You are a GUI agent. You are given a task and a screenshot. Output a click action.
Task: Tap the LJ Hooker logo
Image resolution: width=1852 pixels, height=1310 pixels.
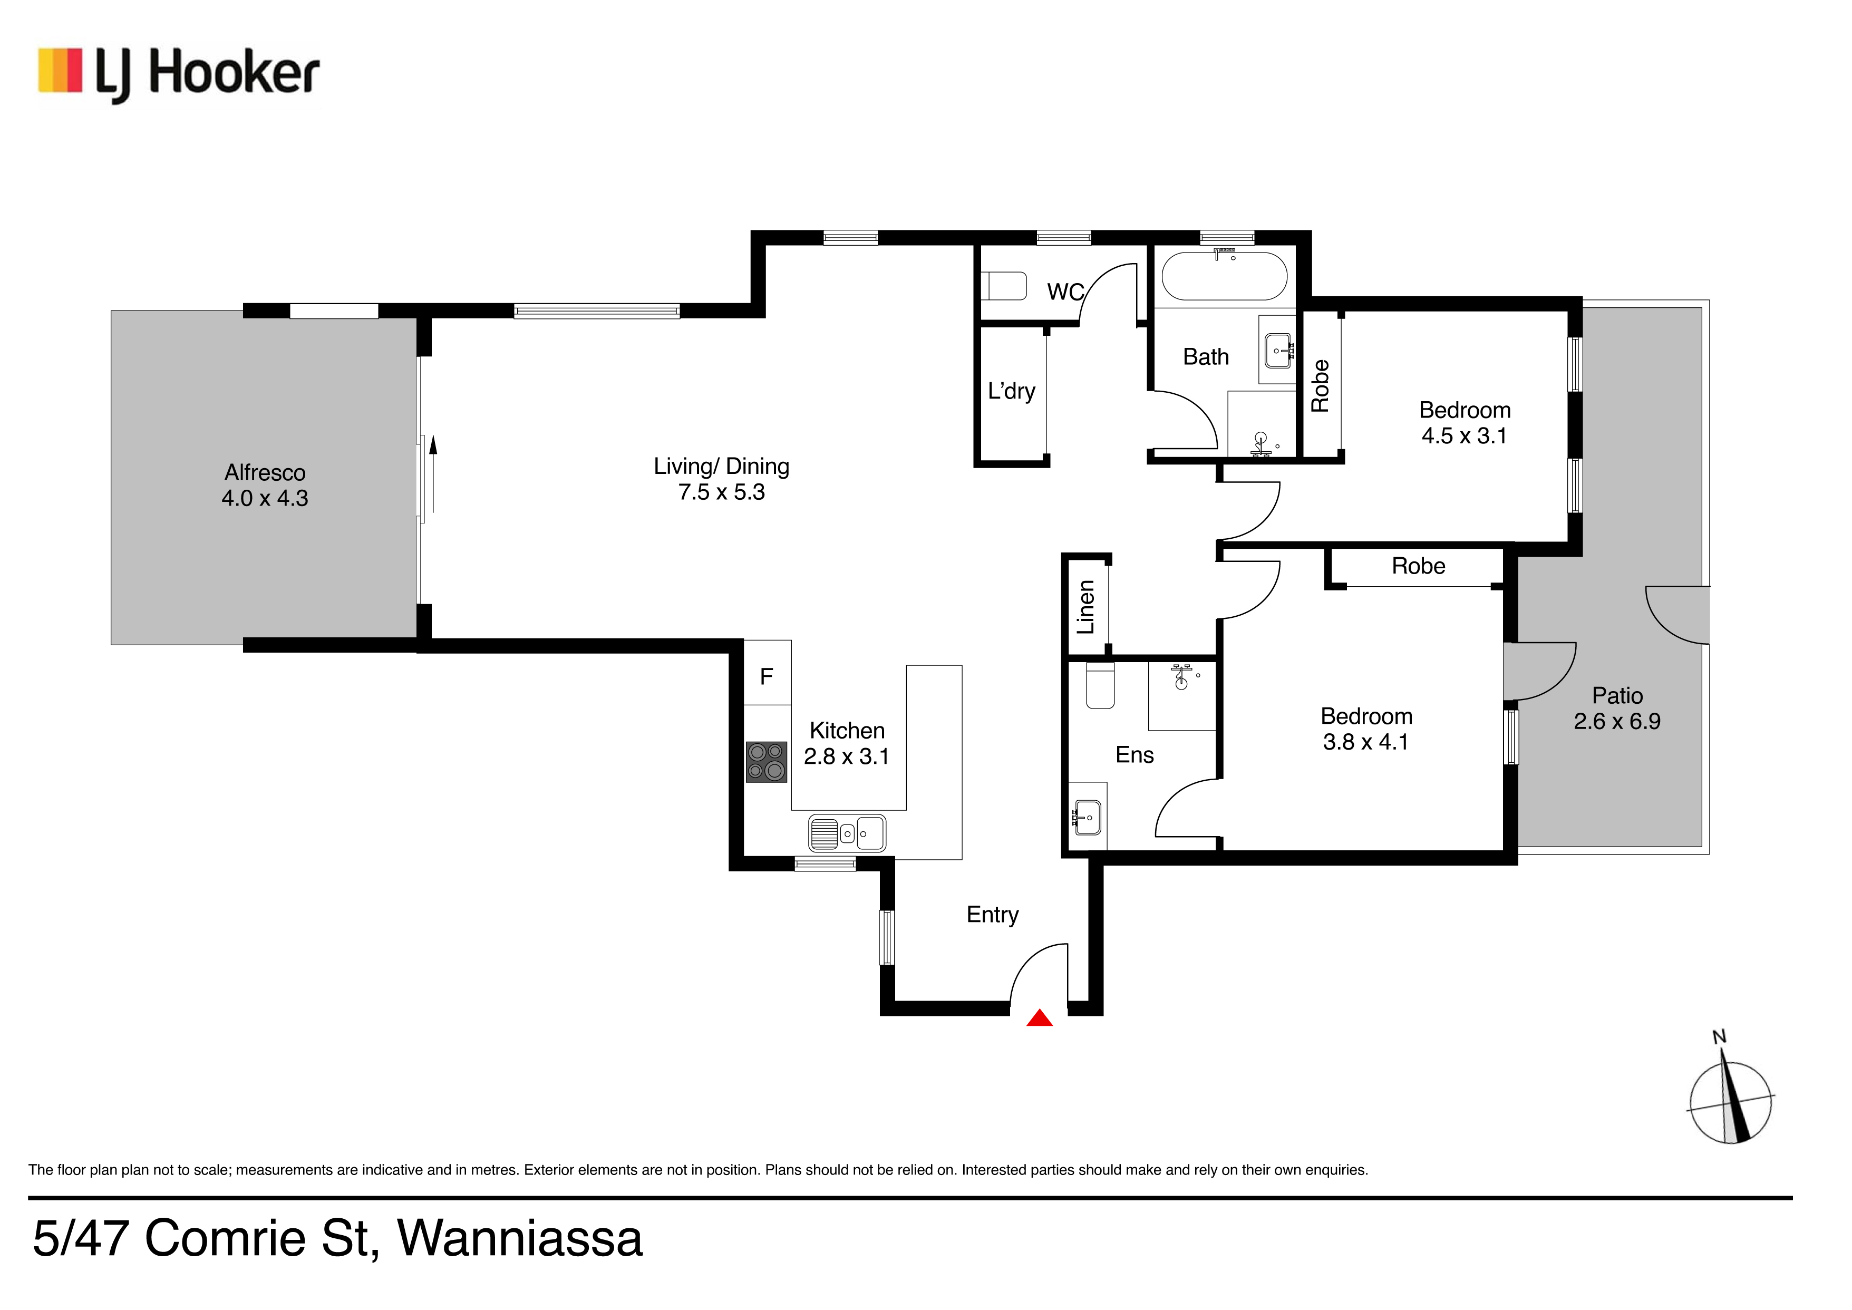pos(179,74)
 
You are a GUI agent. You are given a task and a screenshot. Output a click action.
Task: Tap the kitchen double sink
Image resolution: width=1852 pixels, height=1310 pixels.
pos(847,834)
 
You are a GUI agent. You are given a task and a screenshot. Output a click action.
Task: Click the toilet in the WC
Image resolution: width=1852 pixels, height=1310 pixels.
pos(1003,286)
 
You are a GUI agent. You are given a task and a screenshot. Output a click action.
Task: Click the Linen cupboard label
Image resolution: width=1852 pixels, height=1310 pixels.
pos(1087,607)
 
